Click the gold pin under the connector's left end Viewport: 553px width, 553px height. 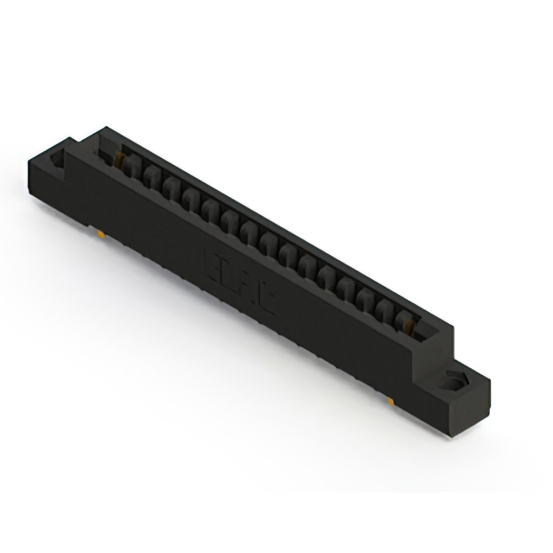pos(102,233)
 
